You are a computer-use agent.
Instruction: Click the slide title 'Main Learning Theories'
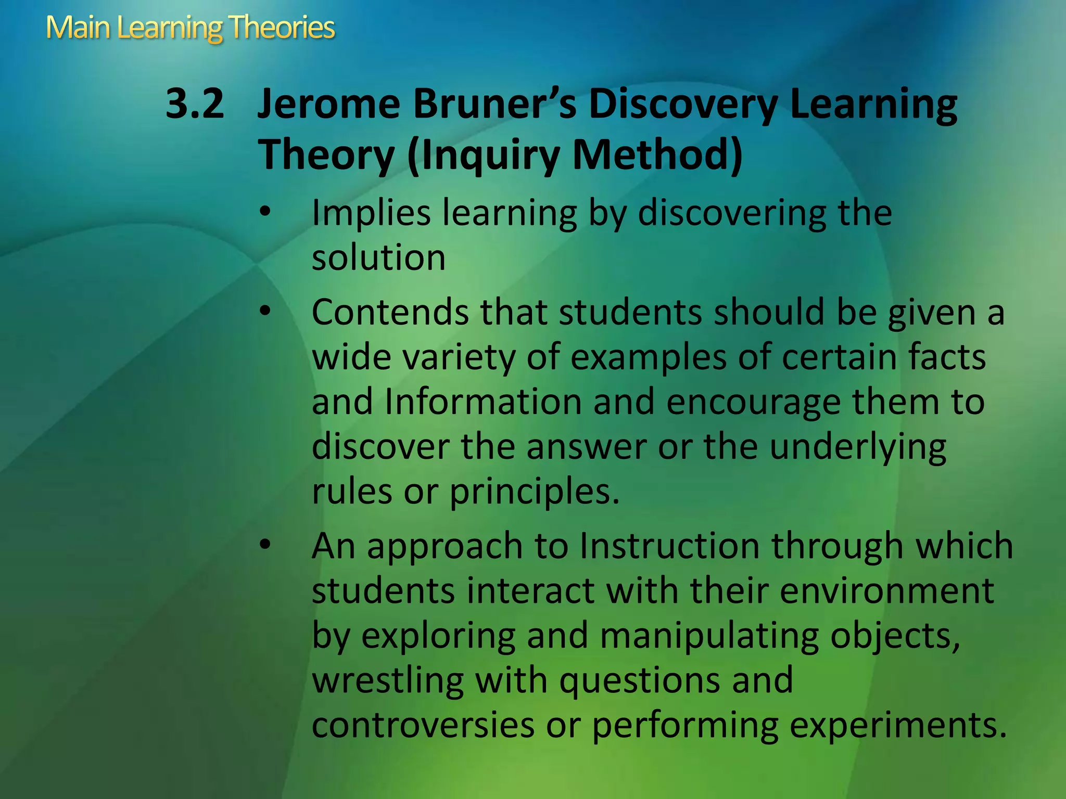[190, 28]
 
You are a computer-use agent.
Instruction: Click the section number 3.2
[195, 104]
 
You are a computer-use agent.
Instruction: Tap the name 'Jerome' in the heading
[328, 104]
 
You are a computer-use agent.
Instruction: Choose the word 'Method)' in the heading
[657, 154]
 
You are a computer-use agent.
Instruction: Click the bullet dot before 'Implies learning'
[265, 212]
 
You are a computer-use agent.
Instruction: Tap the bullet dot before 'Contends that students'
[265, 311]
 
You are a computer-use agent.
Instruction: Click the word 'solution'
[378, 257]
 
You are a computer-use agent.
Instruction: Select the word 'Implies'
[371, 214]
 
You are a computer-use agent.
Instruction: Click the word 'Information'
[483, 402]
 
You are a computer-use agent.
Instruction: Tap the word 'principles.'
[535, 492]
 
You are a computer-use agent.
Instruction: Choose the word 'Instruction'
[669, 546]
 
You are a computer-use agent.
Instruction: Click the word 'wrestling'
[388, 680]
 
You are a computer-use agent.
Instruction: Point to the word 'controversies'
[423, 725]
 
